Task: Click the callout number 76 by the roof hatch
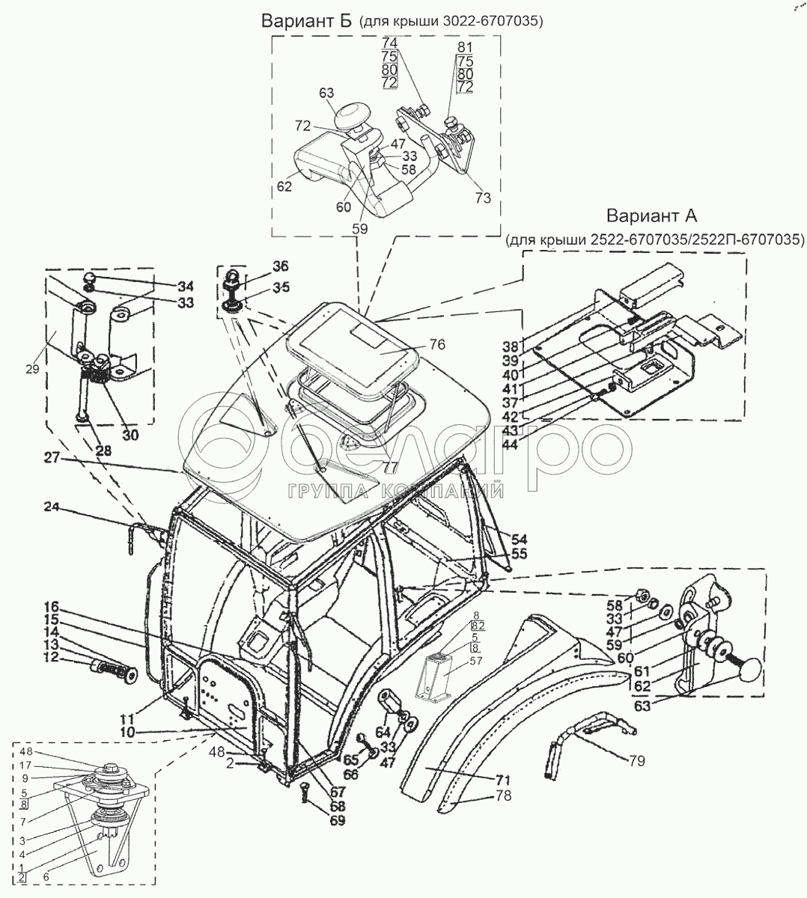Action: (437, 344)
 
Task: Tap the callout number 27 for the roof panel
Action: (52, 457)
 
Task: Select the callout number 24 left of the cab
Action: (52, 507)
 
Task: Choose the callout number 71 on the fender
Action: (503, 780)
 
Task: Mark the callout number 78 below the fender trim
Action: (503, 796)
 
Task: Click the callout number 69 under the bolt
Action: (338, 821)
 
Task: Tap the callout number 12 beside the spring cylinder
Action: (51, 657)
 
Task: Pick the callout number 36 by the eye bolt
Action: (280, 266)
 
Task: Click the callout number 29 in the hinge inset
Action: (32, 369)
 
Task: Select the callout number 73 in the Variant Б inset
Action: (483, 198)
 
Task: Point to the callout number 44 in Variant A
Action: (511, 445)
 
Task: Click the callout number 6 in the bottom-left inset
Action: (46, 877)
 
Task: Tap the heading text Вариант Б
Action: (306, 20)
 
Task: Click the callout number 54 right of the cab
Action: (520, 540)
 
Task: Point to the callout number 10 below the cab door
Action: (127, 732)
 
